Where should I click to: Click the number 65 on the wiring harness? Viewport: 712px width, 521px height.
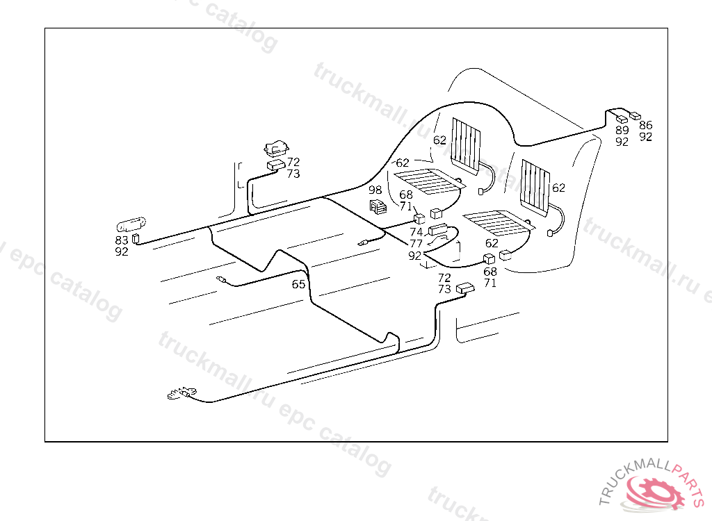tap(298, 284)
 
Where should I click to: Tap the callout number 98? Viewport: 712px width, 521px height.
tap(375, 190)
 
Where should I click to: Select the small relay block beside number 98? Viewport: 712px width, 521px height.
tap(378, 206)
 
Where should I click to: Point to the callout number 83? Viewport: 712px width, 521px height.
tap(122, 240)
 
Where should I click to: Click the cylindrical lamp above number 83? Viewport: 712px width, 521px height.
tap(130, 225)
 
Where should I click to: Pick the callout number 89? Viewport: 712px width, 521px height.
tap(622, 130)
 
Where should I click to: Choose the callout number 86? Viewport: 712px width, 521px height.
tap(646, 125)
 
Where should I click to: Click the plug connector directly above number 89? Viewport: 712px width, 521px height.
tap(622, 119)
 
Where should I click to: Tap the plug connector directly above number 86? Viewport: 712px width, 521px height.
tap(635, 115)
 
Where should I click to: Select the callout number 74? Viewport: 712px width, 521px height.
tap(416, 232)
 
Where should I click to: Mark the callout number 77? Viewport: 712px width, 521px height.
tap(416, 243)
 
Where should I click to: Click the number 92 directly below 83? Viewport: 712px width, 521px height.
tap(122, 251)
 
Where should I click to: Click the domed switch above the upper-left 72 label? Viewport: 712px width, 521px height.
tap(277, 149)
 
